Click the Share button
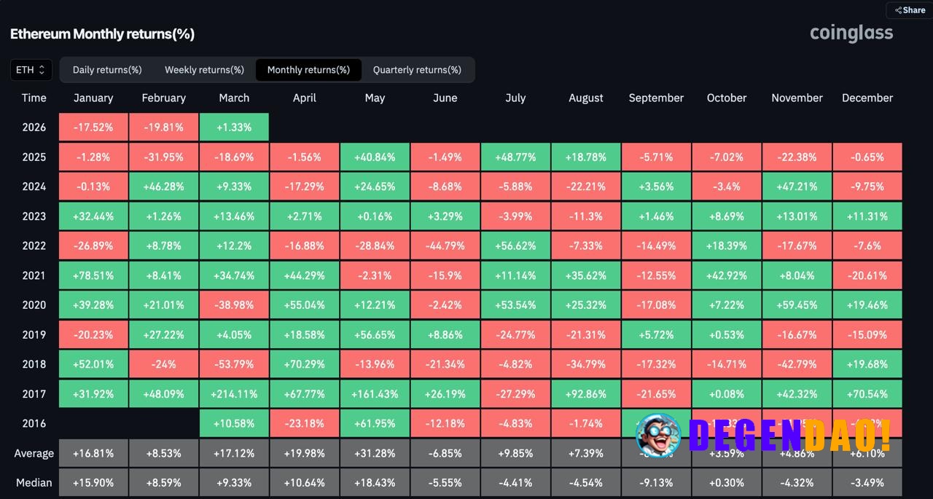point(910,10)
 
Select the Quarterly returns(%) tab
point(417,70)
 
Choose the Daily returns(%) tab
point(107,70)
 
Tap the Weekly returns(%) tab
point(204,70)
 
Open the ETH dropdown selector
point(31,70)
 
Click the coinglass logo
point(851,33)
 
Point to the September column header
point(656,98)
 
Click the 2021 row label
point(34,275)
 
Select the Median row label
point(34,482)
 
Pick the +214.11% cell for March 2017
point(234,394)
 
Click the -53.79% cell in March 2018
point(234,364)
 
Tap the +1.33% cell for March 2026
point(234,127)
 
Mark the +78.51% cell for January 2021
point(93,275)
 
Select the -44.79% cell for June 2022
point(445,245)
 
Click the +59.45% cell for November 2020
point(797,305)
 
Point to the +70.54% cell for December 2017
point(867,394)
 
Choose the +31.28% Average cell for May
point(375,453)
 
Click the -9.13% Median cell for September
point(656,482)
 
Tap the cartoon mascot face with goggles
point(657,435)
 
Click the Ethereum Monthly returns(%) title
point(102,34)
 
